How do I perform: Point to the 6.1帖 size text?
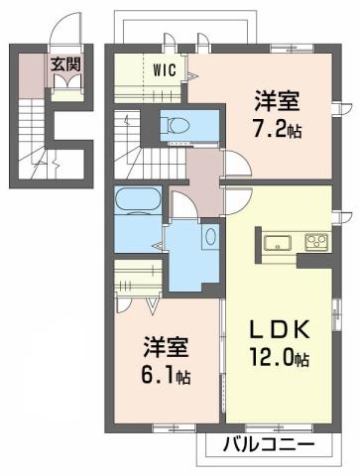(171, 377)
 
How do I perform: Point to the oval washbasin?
(210, 238)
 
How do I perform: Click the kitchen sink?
(276, 241)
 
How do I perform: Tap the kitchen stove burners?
(316, 241)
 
